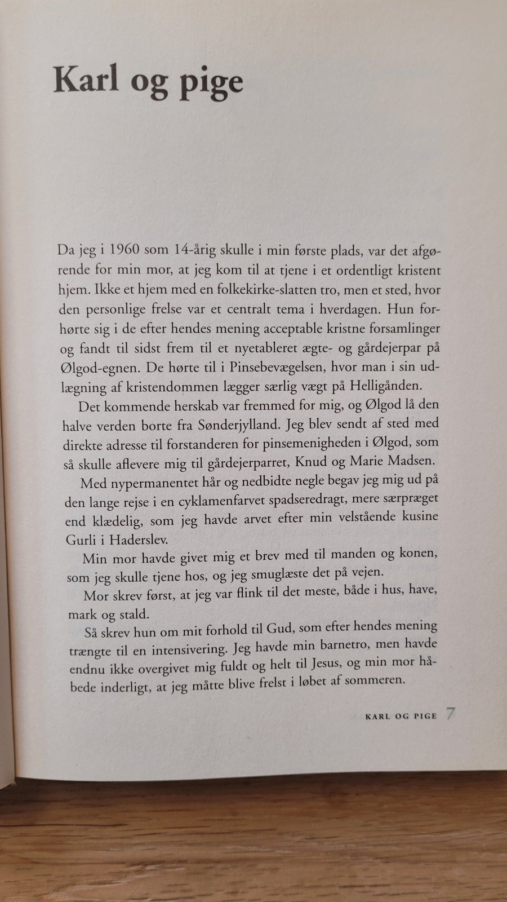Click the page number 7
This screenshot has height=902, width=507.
coord(450,714)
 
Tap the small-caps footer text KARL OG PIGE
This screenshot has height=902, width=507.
coord(401,717)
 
